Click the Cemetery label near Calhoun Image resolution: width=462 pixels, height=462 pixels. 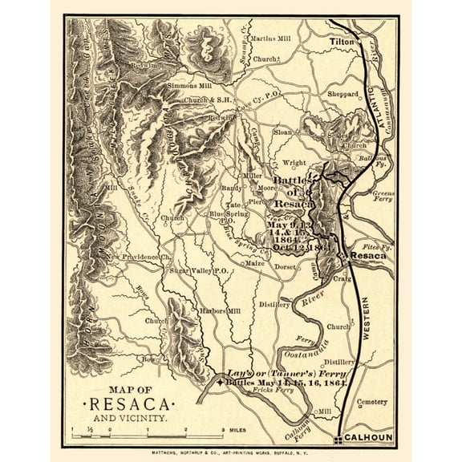tap(371, 402)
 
